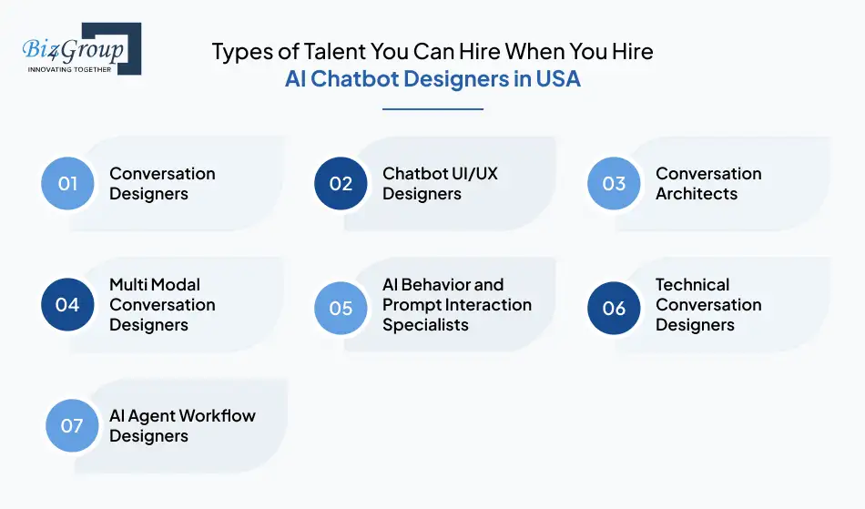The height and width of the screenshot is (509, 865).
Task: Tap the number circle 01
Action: pyautogui.click(x=68, y=183)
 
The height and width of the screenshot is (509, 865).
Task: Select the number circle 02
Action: pyautogui.click(x=341, y=183)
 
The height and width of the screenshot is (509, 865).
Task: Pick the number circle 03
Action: pyautogui.click(x=615, y=183)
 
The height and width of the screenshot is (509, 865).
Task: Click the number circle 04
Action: pyautogui.click(x=68, y=304)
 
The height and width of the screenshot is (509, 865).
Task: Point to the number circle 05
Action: pyautogui.click(x=341, y=308)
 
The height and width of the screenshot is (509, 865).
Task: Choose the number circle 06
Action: pyautogui.click(x=615, y=308)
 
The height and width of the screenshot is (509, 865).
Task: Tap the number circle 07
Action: pyautogui.click(x=72, y=425)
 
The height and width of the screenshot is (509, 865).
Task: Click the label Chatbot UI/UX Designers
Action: pyautogui.click(x=440, y=183)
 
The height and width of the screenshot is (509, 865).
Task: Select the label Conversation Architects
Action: pyautogui.click(x=708, y=183)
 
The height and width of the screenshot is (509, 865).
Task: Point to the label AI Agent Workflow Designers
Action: pyautogui.click(x=182, y=425)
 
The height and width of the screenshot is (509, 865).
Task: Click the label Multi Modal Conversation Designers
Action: pyautogui.click(x=162, y=304)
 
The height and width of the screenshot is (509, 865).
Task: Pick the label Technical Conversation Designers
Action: pyautogui.click(x=708, y=304)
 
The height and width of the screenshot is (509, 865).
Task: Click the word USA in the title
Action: pyautogui.click(x=558, y=78)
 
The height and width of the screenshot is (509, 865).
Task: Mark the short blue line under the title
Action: pyautogui.click(x=432, y=109)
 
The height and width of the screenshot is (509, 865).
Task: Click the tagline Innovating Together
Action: pyautogui.click(x=70, y=69)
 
